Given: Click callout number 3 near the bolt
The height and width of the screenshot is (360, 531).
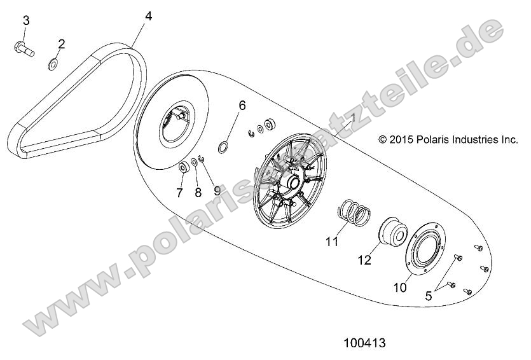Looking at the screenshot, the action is (26, 20).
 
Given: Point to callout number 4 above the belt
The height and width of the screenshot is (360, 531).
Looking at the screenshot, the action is (148, 16).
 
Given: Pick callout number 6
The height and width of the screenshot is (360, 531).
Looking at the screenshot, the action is (242, 104).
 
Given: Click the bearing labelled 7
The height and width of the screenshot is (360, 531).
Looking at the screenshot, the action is (182, 168).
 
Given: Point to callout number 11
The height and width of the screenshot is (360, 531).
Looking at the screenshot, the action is (331, 242).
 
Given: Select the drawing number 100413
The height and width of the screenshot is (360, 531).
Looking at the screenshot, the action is (364, 343).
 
